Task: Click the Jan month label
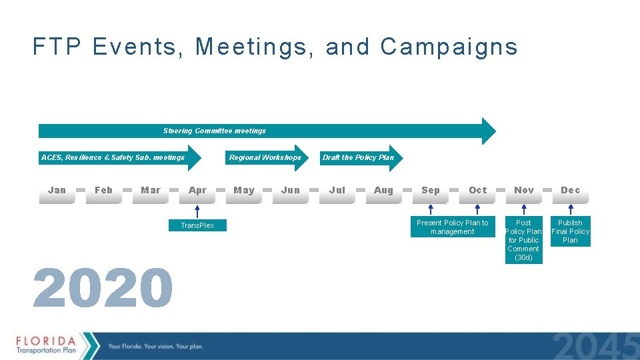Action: click(57, 190)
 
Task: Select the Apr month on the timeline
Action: click(197, 190)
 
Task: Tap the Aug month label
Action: click(384, 190)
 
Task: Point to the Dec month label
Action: click(571, 190)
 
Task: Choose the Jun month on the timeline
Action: click(291, 190)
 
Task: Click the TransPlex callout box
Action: click(197, 225)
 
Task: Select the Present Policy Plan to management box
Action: click(453, 227)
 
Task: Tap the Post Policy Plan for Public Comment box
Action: click(523, 240)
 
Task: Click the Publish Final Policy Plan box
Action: click(570, 231)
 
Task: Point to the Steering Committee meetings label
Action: click(215, 131)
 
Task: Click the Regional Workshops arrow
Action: click(265, 158)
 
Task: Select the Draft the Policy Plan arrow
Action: click(359, 158)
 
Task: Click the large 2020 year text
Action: click(103, 289)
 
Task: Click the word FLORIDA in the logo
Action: click(46, 340)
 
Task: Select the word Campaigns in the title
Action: click(449, 47)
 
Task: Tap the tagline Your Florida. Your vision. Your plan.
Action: click(155, 346)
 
